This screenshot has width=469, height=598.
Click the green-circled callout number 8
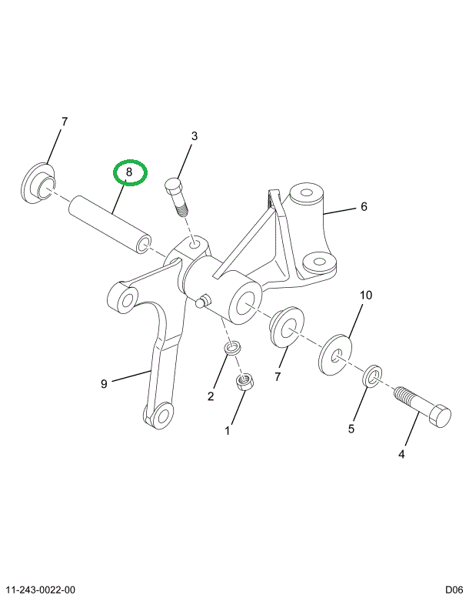pyautogui.click(x=129, y=173)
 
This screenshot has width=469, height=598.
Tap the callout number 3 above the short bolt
pyautogui.click(x=195, y=136)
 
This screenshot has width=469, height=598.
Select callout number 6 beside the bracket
pyautogui.click(x=364, y=206)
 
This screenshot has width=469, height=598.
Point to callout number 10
pyautogui.click(x=365, y=295)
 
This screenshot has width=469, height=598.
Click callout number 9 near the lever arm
pyautogui.click(x=104, y=384)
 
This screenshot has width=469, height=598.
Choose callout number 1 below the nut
pyautogui.click(x=228, y=431)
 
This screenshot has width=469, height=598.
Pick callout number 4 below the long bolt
pyautogui.click(x=401, y=455)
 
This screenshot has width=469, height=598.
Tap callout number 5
pyautogui.click(x=351, y=429)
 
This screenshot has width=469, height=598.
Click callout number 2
pyautogui.click(x=210, y=396)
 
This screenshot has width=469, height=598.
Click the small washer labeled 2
pyautogui.click(x=232, y=351)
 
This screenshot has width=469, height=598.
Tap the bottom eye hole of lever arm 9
pyautogui.click(x=161, y=416)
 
